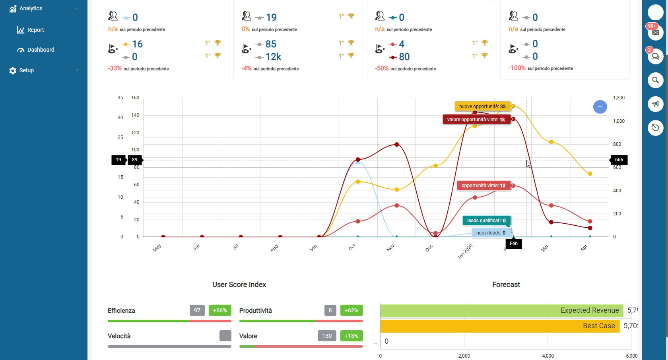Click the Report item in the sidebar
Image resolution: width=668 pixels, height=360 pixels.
click(x=35, y=30)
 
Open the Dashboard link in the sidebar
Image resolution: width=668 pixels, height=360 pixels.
click(x=40, y=50)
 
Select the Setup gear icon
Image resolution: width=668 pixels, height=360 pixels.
click(x=13, y=71)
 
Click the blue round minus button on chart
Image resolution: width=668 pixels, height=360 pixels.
click(x=600, y=106)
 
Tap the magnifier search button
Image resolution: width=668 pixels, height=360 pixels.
click(x=655, y=80)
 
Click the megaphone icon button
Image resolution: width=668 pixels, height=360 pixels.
click(x=655, y=104)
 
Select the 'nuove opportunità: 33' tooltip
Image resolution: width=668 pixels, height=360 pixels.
click(x=482, y=106)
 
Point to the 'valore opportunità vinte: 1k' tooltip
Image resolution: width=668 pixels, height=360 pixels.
click(x=476, y=120)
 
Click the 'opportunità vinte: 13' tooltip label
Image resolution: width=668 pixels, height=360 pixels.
click(x=483, y=186)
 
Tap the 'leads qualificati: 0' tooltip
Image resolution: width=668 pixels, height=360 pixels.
click(x=486, y=221)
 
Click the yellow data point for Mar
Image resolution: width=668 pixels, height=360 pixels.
click(x=551, y=142)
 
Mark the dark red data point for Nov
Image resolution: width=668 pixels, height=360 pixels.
click(x=397, y=145)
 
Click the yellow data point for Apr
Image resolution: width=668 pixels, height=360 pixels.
click(x=590, y=174)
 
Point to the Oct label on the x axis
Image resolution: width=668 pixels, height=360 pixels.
click(x=352, y=248)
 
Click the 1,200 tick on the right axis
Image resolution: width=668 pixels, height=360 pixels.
click(x=619, y=98)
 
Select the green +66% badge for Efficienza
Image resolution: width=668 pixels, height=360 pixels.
click(x=219, y=310)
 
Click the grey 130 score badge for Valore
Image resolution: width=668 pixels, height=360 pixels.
click(x=327, y=336)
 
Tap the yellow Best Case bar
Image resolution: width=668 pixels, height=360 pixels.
click(x=500, y=326)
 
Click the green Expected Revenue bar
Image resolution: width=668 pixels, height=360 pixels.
click(x=501, y=310)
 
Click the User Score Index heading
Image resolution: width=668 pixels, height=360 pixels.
click(x=239, y=285)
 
